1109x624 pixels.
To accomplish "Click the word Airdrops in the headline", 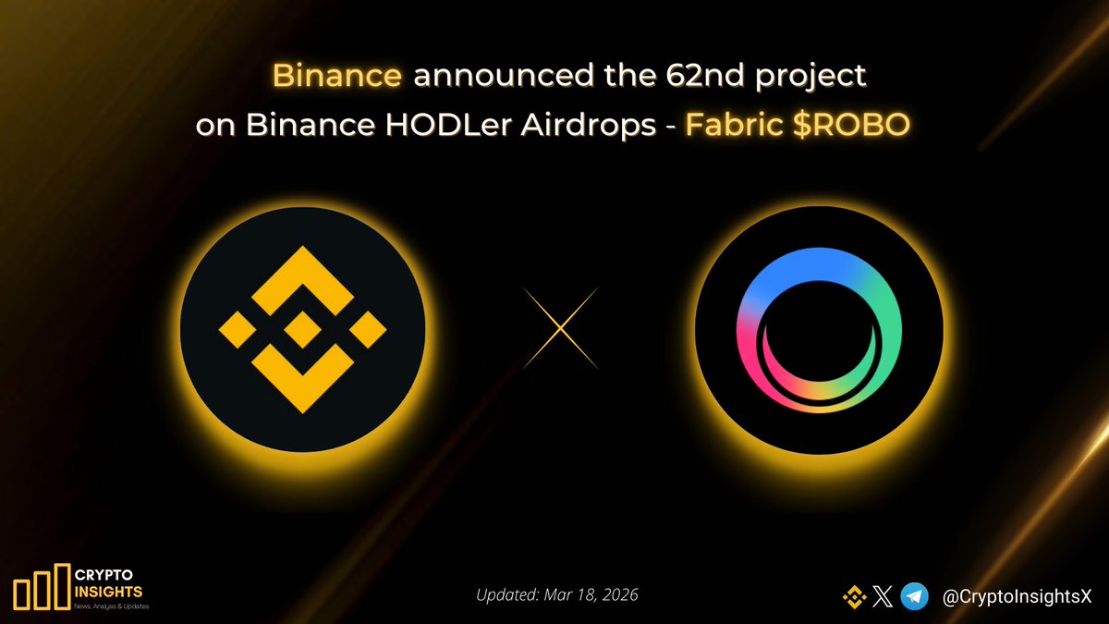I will [x=591, y=127].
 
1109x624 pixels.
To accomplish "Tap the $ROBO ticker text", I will [x=848, y=127].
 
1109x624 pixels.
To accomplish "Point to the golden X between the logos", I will [x=560, y=328].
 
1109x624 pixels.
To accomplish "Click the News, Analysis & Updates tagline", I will [x=109, y=606].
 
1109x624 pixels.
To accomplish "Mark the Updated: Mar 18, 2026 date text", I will [x=557, y=594].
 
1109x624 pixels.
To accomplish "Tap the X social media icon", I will [x=883, y=597].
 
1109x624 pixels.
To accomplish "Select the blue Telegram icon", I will [x=914, y=597].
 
